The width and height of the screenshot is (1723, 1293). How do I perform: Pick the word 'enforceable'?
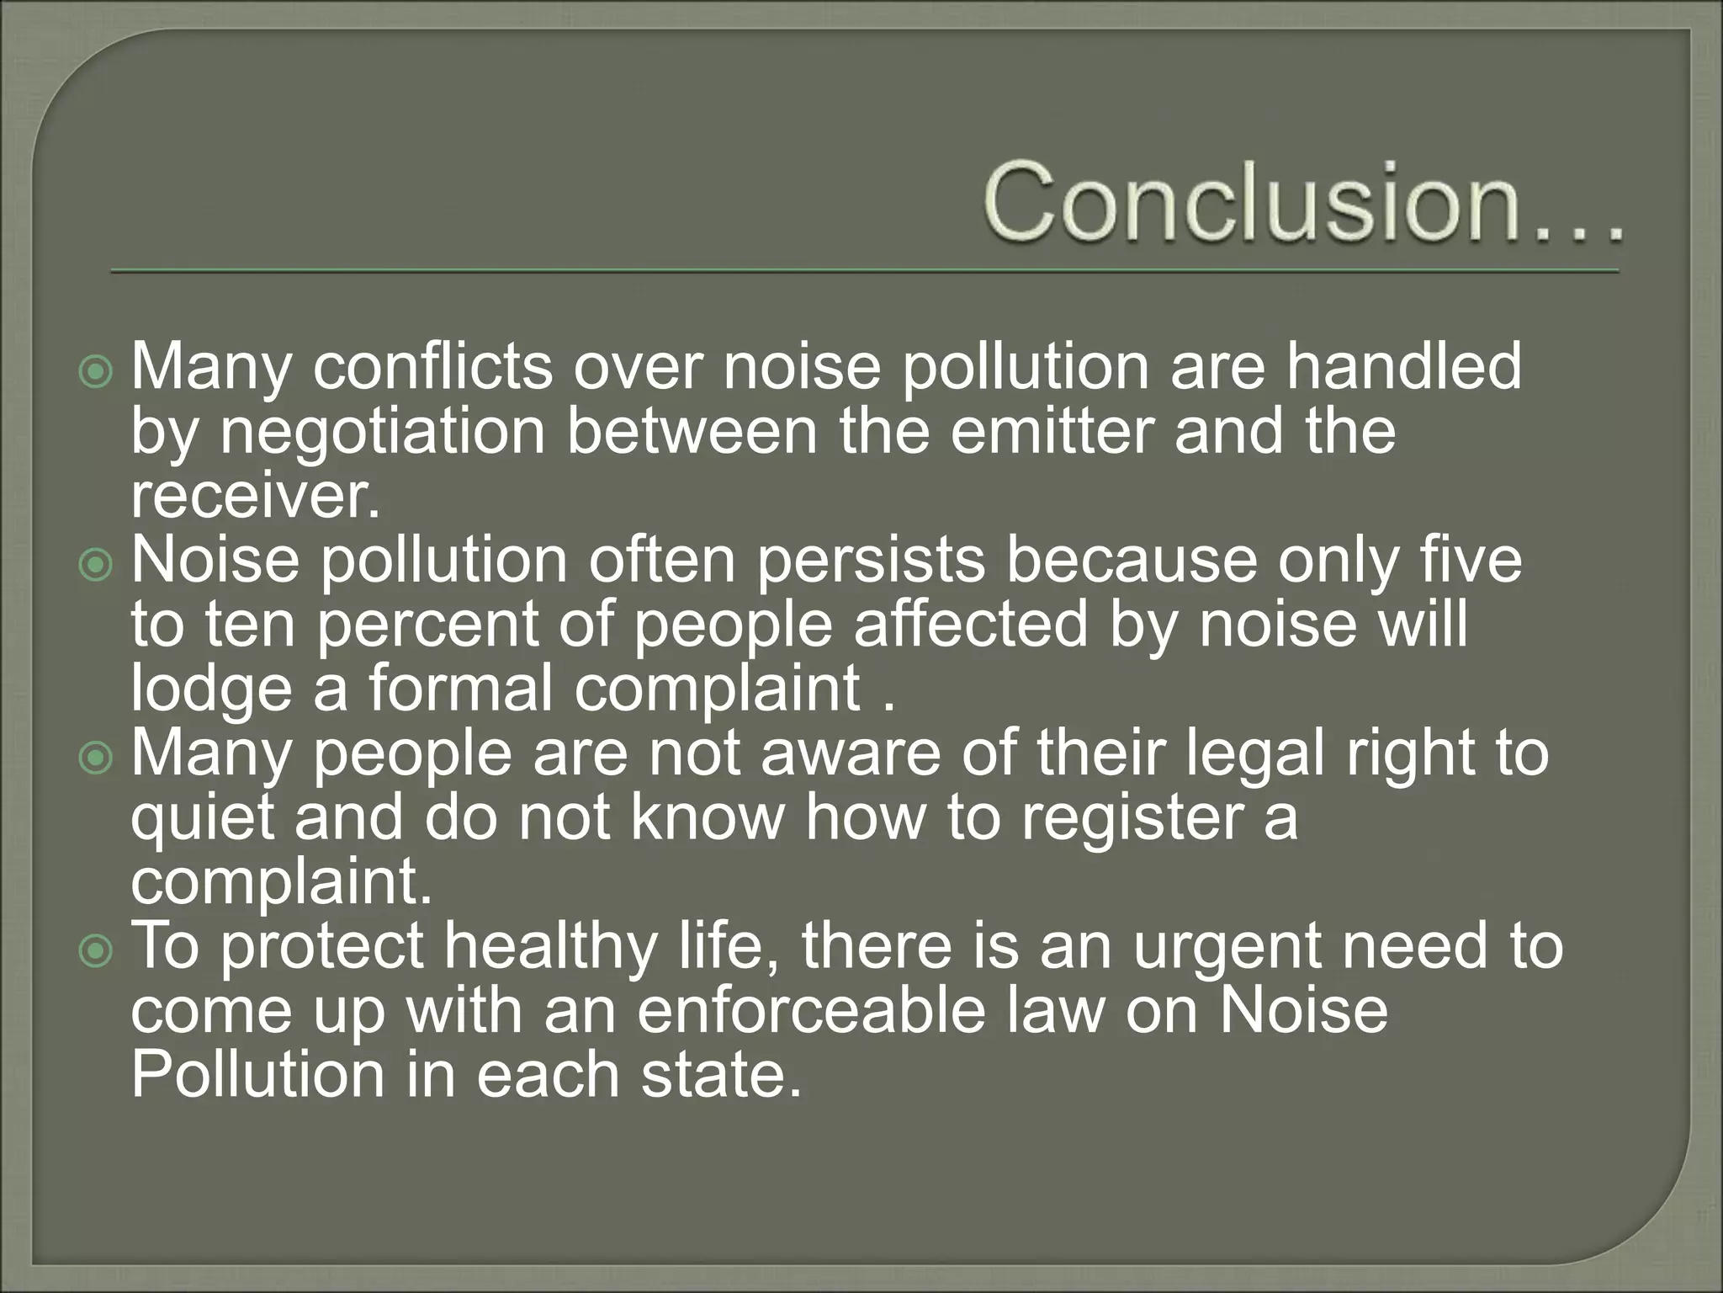[x=811, y=1011]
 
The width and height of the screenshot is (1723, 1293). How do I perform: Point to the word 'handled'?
[x=1403, y=367]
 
